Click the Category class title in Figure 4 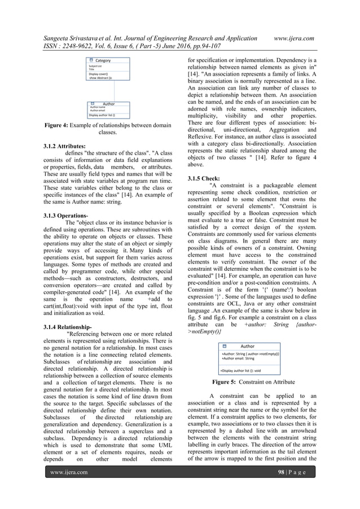click(103, 60)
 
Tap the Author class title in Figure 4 click(108, 104)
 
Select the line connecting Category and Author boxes click(115, 90)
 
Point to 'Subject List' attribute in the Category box click(95, 66)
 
